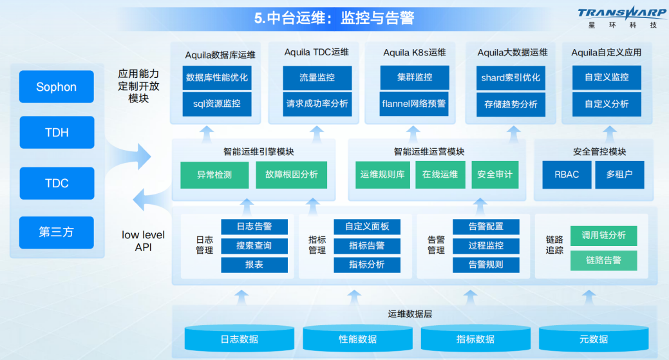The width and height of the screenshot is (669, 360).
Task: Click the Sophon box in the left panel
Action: [57, 87]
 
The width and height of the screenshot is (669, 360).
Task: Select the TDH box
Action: [57, 133]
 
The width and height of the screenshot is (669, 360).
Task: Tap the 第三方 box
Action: [57, 232]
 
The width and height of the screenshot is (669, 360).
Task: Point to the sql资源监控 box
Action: [217, 103]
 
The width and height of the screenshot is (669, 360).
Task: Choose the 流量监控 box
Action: [317, 77]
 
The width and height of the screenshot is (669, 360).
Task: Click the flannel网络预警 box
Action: [414, 103]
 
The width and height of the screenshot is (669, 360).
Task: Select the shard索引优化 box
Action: [511, 77]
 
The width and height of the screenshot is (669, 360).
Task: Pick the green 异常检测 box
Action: [214, 175]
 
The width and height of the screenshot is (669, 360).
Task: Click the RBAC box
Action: [567, 175]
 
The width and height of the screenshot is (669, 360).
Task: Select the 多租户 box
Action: [619, 175]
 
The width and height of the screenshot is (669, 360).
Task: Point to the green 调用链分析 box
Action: [603, 236]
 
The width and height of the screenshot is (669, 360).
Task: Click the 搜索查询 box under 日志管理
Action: [254, 245]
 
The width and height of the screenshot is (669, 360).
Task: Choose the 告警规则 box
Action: [485, 265]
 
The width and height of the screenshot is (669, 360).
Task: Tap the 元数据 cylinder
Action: [593, 339]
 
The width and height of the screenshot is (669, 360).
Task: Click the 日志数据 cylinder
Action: [239, 339]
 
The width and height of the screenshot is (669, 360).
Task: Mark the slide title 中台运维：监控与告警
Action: [334, 18]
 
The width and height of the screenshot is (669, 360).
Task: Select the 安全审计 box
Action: [495, 175]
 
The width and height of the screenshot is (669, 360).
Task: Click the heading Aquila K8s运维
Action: [414, 52]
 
